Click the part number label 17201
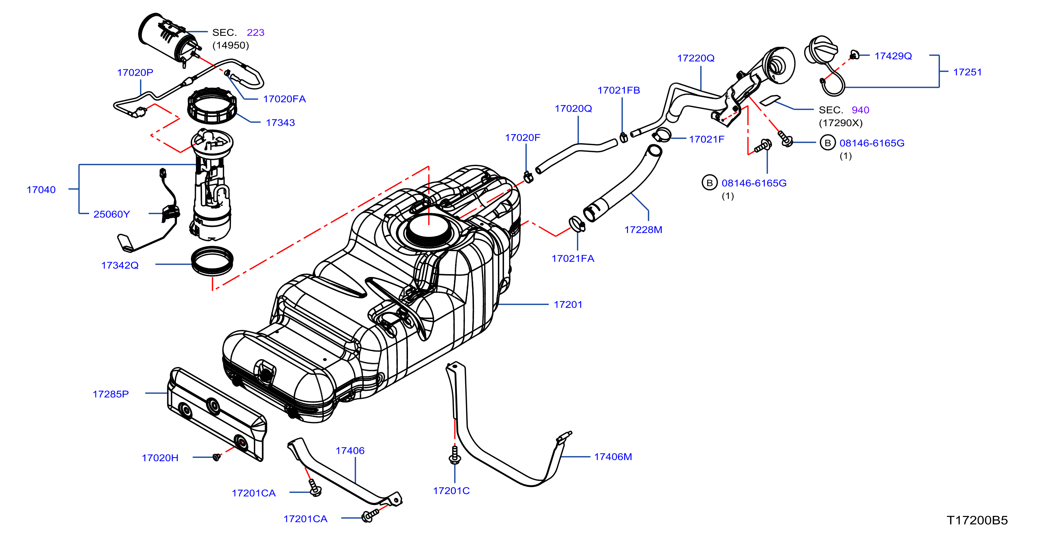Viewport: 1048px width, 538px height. [x=568, y=305]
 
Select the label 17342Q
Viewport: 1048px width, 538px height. [x=120, y=265]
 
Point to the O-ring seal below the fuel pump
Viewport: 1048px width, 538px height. [x=213, y=261]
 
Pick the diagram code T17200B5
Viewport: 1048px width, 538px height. [x=977, y=520]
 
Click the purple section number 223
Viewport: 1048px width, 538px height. [x=256, y=33]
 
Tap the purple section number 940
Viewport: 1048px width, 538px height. [x=861, y=110]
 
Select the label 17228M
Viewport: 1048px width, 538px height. [x=643, y=230]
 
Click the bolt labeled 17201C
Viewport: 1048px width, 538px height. [x=454, y=455]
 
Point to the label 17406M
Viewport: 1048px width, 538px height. [x=613, y=457]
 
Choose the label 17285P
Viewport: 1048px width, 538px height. [x=111, y=394]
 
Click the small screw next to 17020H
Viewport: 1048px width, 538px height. [x=217, y=457]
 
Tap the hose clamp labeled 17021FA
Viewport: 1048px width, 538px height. [x=577, y=224]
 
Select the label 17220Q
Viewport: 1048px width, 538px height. [x=696, y=58]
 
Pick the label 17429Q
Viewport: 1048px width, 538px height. [x=894, y=56]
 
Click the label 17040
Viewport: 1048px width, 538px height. [x=41, y=190]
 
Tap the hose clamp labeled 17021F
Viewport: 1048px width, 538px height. [x=661, y=134]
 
